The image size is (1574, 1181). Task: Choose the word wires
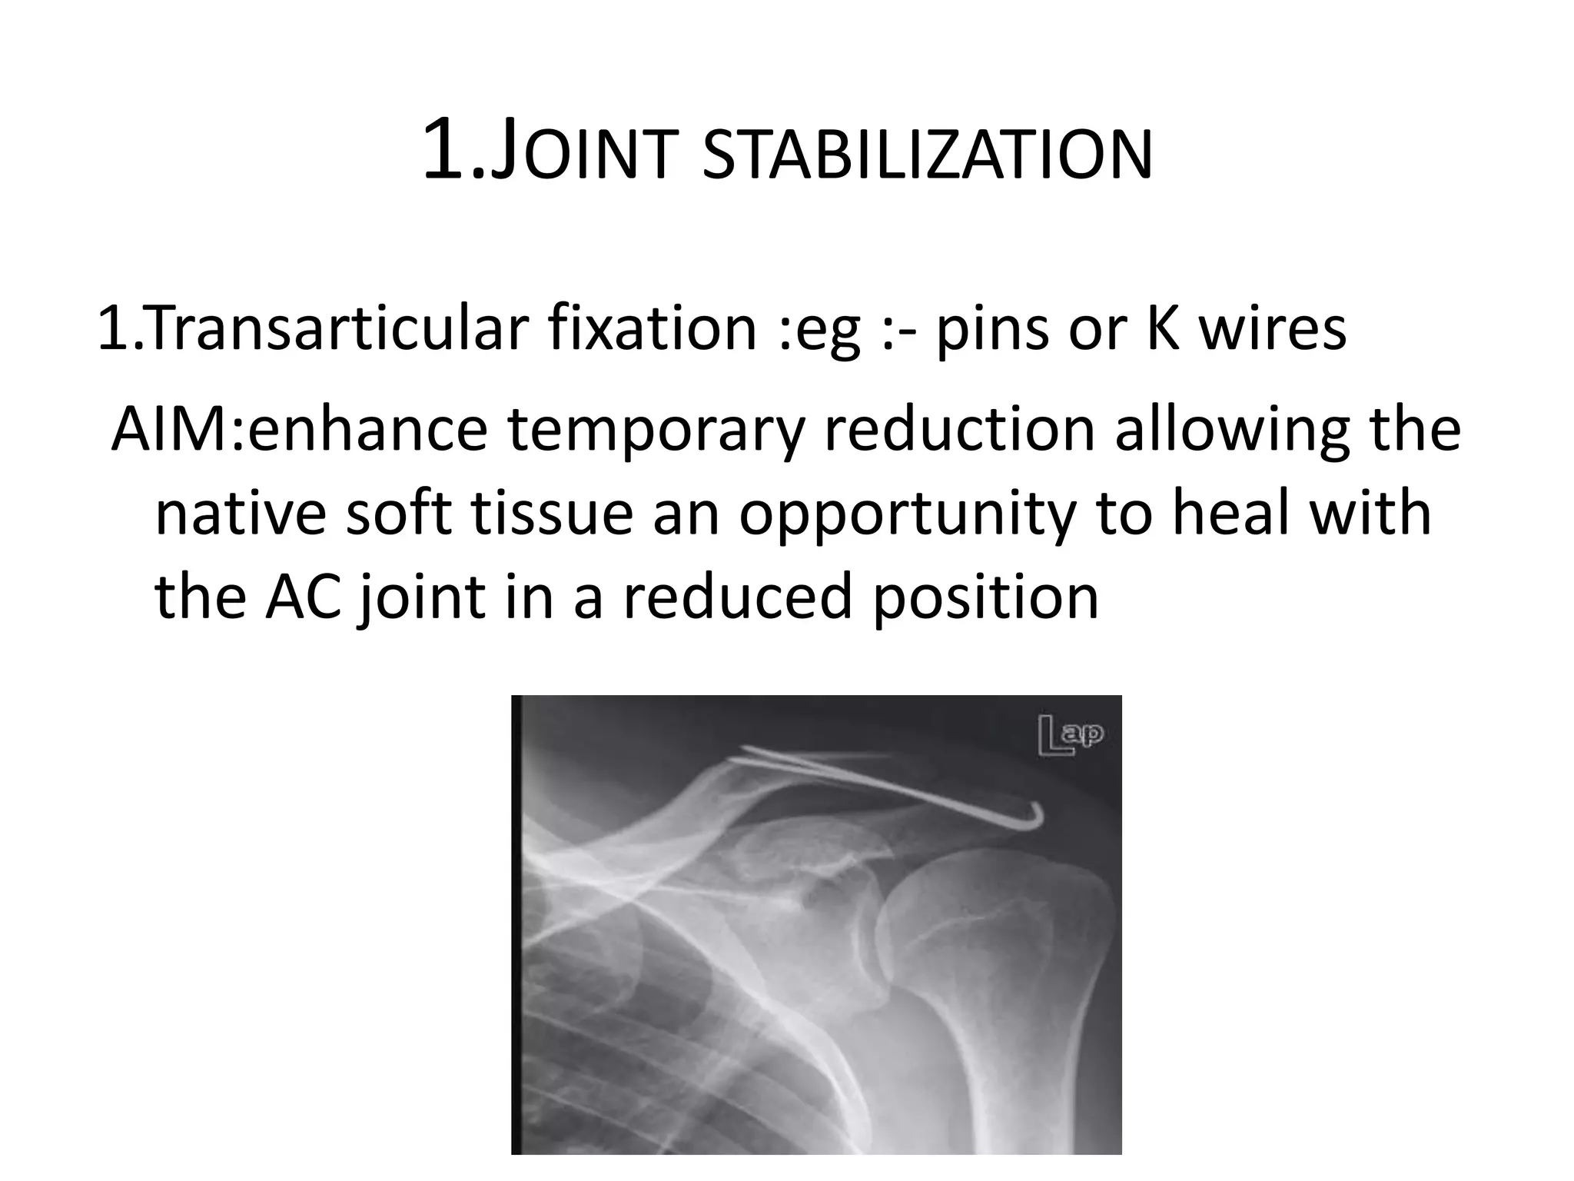tap(1272, 328)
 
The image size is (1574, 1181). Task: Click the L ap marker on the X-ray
tap(1071, 736)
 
